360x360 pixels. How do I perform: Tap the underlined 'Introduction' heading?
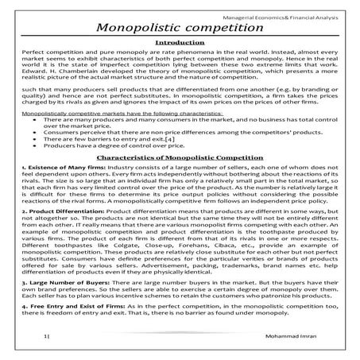click(x=180, y=46)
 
